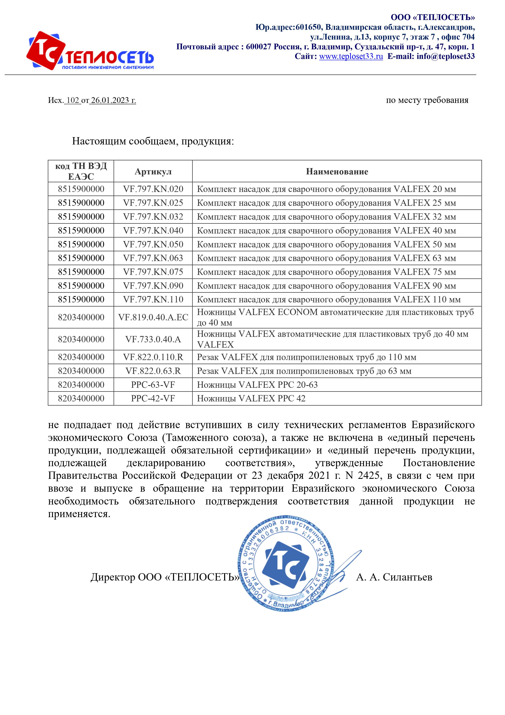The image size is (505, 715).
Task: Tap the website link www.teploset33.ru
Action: pyautogui.click(x=351, y=56)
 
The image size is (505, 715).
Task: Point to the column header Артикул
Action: pyautogui.click(x=153, y=171)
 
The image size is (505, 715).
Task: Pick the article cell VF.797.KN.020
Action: pyautogui.click(x=153, y=189)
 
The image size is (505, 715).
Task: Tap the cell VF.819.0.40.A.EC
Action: pyautogui.click(x=153, y=317)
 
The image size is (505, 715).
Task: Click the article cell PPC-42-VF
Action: pyautogui.click(x=153, y=398)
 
